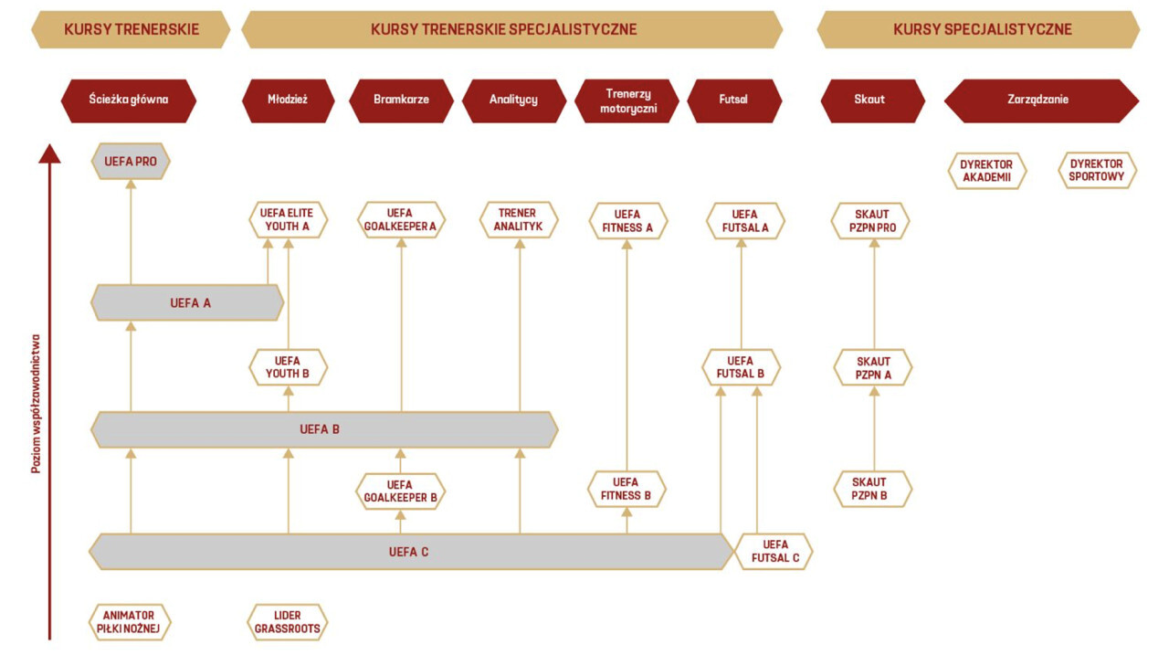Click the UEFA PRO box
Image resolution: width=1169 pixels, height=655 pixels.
(x=131, y=162)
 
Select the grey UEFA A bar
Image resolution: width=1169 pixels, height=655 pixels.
(x=188, y=302)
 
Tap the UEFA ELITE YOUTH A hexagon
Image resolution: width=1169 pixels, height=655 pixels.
(x=288, y=220)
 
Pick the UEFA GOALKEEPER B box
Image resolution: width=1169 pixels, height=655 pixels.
(x=400, y=491)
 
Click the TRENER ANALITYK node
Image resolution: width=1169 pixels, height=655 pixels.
(x=519, y=220)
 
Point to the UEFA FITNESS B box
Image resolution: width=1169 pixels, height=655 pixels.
(x=627, y=489)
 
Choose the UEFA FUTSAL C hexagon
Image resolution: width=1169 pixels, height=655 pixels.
(x=775, y=551)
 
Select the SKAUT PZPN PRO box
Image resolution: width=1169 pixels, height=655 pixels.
(x=871, y=221)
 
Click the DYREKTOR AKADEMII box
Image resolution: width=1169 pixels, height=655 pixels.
(x=987, y=171)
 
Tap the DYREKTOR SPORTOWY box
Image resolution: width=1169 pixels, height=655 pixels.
(x=1097, y=171)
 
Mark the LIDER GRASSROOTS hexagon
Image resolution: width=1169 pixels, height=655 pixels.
(x=288, y=622)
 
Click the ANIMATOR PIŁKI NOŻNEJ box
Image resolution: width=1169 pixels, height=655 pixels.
(x=131, y=622)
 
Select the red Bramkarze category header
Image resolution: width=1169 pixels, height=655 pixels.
(x=401, y=100)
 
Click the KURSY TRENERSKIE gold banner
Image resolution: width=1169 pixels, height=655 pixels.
(x=131, y=29)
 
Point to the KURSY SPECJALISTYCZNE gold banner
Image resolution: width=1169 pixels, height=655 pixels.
(x=982, y=29)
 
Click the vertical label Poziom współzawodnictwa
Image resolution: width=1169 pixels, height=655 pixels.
(x=36, y=403)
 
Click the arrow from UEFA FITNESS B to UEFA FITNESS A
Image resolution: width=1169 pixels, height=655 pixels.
(x=627, y=356)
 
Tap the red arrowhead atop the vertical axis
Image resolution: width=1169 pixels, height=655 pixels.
(x=49, y=153)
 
